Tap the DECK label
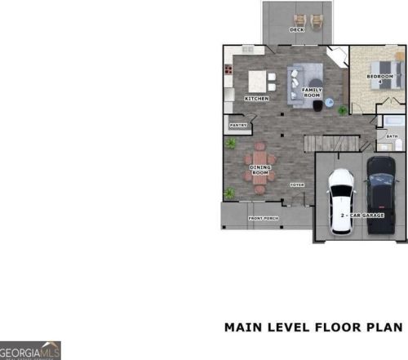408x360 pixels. coord(297,30)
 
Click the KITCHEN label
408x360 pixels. coord(257,99)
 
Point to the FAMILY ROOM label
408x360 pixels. coord(313,92)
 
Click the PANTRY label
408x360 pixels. coord(238,125)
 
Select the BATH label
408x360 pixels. coord(392,136)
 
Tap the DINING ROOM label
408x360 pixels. coord(259,171)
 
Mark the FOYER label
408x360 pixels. coord(297,185)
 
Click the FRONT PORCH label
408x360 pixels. coord(263,219)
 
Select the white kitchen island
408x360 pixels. coord(261,82)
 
